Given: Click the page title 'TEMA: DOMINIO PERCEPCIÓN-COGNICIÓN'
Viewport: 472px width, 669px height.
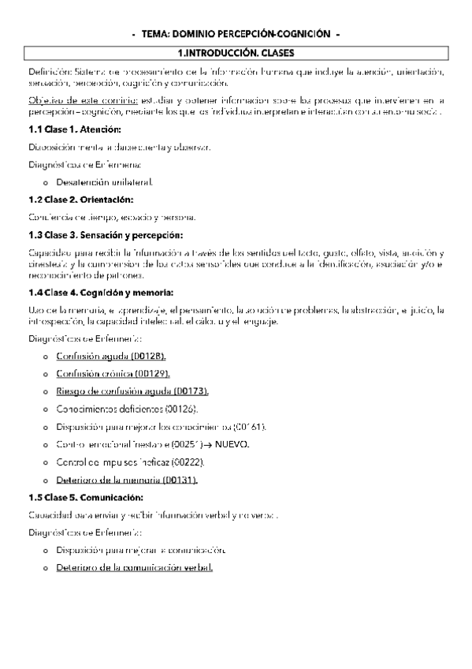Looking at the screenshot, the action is (236, 35).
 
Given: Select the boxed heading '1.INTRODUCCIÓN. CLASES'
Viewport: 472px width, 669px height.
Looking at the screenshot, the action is (236, 53).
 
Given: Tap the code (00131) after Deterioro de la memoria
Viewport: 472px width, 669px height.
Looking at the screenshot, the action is (180, 480).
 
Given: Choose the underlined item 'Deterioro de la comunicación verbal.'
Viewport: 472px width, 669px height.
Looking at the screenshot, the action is (134, 568).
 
